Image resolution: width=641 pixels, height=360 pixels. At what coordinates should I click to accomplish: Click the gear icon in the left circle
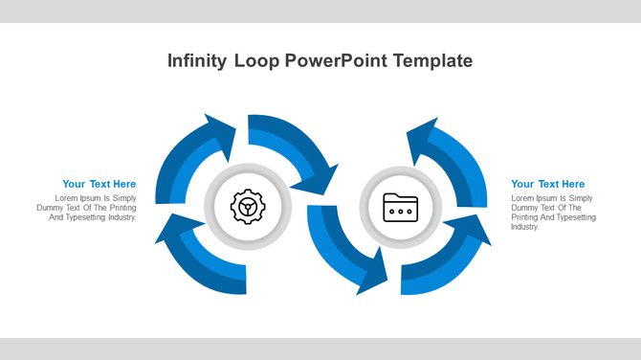tap(247, 206)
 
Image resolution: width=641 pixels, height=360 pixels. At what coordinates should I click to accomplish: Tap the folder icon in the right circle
tap(400, 206)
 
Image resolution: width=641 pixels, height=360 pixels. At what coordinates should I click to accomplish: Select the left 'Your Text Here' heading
tap(99, 184)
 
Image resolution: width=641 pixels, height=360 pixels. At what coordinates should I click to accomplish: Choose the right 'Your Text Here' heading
tap(547, 184)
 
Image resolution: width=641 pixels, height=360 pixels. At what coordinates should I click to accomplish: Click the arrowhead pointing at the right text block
tap(473, 230)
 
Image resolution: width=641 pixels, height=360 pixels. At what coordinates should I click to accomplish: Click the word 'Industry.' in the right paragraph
tap(525, 227)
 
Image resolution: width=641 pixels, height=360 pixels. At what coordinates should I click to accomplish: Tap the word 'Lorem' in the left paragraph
tap(66, 198)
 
